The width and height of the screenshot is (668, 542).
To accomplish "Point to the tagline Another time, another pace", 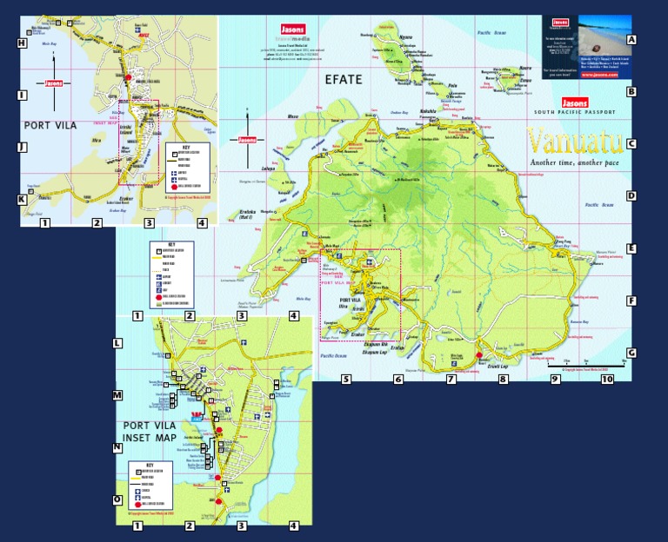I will [575, 162].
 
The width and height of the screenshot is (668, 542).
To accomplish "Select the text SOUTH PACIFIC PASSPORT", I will [575, 112].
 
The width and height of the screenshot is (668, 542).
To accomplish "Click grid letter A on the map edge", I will [632, 40].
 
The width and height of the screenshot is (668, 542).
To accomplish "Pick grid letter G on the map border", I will [632, 353].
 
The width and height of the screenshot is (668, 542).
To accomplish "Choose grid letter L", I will [117, 343].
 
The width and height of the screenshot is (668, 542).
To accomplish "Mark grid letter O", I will [117, 499].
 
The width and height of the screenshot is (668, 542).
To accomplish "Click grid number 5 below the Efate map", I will [345, 379].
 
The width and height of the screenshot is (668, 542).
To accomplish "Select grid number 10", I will [607, 379].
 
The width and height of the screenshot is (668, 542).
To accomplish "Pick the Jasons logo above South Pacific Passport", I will [576, 102].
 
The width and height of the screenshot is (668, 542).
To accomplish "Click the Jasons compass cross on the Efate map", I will [248, 140].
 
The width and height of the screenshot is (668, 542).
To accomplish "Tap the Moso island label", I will [292, 116].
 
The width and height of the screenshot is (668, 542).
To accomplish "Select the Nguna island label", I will [405, 37].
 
